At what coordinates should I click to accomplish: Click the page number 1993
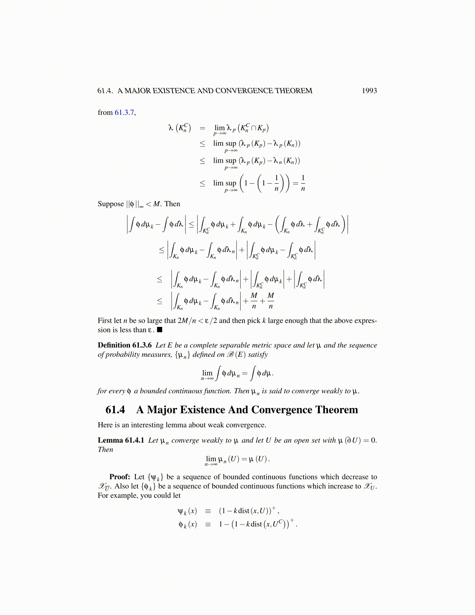point(369,91)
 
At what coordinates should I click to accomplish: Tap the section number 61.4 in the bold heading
point(115,410)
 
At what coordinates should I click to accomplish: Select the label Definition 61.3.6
point(125,345)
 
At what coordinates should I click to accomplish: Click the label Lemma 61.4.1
point(121,440)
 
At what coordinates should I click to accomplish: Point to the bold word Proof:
point(120,477)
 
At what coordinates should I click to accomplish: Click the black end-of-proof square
point(159,330)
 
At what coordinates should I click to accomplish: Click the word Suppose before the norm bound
point(111,204)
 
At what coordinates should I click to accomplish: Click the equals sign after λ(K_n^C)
point(202,128)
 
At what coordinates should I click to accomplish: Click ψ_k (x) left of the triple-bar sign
point(187,511)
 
